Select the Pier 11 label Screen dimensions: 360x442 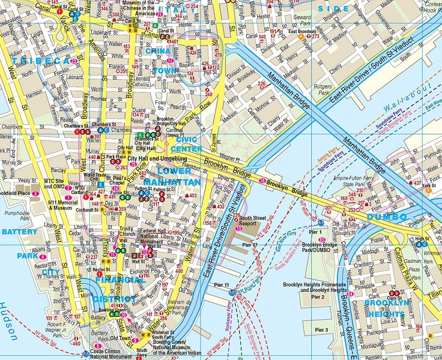click(x=222, y=284)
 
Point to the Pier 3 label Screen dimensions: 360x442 click(x=321, y=330)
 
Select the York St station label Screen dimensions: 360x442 click(x=428, y=185)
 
